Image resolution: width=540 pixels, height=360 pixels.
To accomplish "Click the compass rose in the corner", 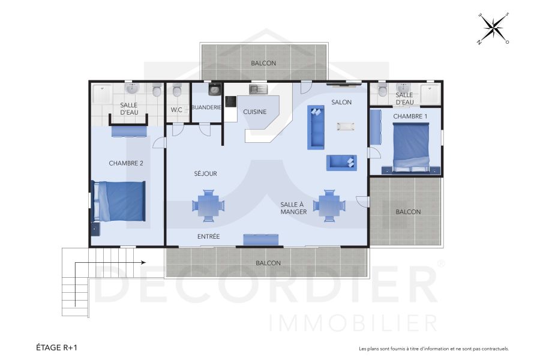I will point(493,28).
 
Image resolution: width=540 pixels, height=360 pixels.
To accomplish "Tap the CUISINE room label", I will point(255,112).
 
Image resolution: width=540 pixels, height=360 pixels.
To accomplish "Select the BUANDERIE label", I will point(206,107).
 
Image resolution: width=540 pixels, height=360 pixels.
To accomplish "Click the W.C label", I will point(176,110).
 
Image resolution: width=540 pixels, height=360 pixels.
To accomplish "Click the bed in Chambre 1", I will point(412,144).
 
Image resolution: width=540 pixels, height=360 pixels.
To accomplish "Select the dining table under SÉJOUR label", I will point(208,205).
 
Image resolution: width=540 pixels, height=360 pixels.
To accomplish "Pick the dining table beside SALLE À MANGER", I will point(329,205).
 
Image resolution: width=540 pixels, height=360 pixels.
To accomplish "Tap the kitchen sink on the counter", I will point(259,89).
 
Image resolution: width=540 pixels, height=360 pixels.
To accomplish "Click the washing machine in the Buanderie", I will point(213,90).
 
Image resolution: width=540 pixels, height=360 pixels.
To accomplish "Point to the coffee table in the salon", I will point(346,127).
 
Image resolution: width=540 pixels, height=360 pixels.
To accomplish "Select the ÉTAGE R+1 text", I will point(57,347).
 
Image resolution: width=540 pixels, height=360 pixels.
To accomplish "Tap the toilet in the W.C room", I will point(176,92).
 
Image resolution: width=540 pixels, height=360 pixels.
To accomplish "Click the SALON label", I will point(341,102).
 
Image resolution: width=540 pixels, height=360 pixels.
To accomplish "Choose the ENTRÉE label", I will point(208,237).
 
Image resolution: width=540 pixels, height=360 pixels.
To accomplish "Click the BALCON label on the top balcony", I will point(263,63).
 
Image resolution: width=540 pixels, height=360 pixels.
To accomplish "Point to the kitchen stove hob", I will point(230,100).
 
